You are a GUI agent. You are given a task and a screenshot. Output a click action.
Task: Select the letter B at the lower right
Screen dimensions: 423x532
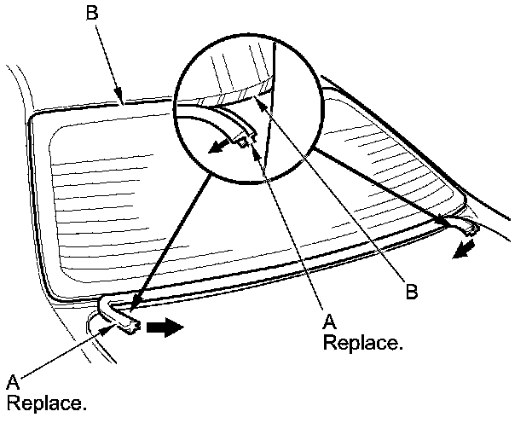tap(412, 292)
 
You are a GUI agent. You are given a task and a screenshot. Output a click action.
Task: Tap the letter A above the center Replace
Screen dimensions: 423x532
tap(329, 322)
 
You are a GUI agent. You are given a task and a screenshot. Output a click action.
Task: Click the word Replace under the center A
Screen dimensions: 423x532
tap(362, 343)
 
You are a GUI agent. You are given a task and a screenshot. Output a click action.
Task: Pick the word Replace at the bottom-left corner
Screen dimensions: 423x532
tap(47, 401)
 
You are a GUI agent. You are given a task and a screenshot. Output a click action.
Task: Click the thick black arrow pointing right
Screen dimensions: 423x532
tap(165, 327)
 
